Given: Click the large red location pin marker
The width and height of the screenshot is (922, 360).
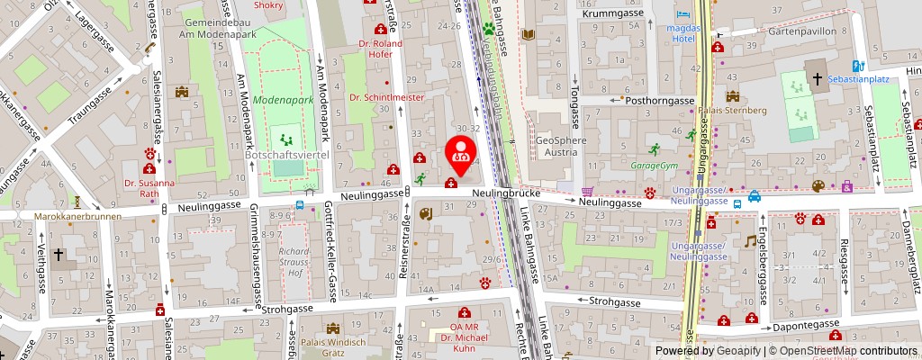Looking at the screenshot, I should click(x=461, y=151).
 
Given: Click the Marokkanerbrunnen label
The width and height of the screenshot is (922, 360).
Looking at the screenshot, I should click(x=71, y=217).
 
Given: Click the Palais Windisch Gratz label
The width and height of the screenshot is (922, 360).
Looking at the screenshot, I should click(x=333, y=347).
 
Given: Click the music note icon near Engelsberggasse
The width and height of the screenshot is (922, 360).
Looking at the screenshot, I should click(x=749, y=241).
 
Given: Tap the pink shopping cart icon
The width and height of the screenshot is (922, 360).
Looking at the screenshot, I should click(x=588, y=191).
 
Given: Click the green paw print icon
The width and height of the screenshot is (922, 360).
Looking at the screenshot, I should click(x=490, y=28).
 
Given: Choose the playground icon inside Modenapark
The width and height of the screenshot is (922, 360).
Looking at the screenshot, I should click(x=286, y=139).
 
